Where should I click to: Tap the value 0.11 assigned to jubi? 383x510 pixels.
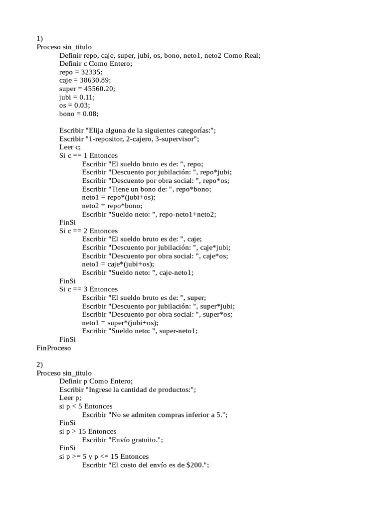click(x=86, y=97)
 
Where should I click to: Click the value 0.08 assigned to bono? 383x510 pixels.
click(x=91, y=114)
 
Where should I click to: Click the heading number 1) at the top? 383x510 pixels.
click(x=40, y=38)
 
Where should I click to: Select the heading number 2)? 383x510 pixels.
click(x=40, y=365)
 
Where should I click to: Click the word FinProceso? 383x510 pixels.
click(x=54, y=348)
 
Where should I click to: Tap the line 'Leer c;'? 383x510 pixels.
click(x=70, y=147)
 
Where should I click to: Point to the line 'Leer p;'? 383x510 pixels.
click(x=70, y=398)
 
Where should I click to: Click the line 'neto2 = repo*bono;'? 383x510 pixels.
click(x=112, y=206)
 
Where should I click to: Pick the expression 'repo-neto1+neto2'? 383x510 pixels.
click(x=191, y=214)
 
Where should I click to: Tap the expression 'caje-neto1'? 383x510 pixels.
click(x=175, y=272)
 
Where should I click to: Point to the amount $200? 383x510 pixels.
click(x=194, y=465)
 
